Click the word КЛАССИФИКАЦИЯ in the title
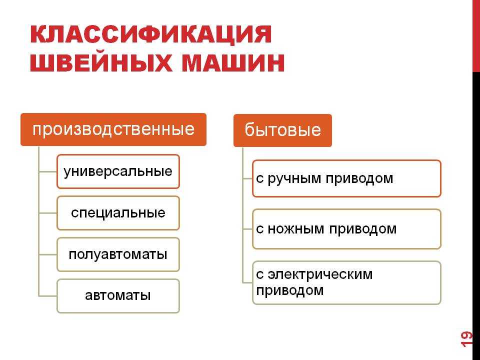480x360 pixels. pos(151,34)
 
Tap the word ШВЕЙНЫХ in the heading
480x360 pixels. pos(101,63)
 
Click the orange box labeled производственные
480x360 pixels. pos(113,129)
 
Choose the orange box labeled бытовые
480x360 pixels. pos(282,130)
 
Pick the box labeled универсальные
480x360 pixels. pos(118,171)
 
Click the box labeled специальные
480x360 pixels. pos(118,213)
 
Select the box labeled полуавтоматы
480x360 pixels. pos(118,254)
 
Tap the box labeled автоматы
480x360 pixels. pos(118,296)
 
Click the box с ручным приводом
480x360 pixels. pos(346,178)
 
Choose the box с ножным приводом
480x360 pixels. pos(346,229)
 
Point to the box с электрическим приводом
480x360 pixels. pos(346,283)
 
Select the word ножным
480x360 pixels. pos(296,229)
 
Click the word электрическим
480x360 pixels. pos(320,274)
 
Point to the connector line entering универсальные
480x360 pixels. pos(48,171)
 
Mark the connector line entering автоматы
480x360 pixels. pos(48,296)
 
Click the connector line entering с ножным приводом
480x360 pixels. pos(247,229)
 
